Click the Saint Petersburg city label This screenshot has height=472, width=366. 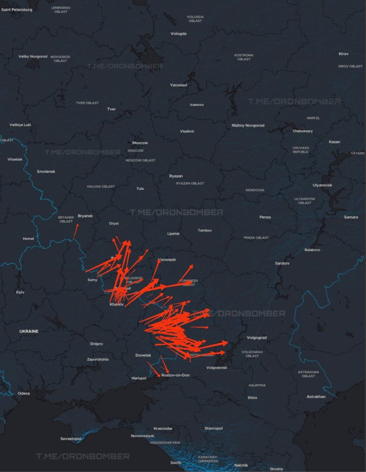click(x=17, y=9)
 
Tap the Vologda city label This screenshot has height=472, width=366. click(x=178, y=34)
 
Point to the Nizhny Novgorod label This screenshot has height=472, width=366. click(x=248, y=125)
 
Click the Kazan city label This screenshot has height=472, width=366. click(x=334, y=142)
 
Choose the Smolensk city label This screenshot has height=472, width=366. click(x=46, y=172)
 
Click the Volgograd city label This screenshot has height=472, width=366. click(x=257, y=337)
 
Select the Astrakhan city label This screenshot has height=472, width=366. click(x=316, y=397)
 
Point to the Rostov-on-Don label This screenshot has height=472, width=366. click(x=175, y=375)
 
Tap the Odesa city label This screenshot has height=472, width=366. click(x=24, y=393)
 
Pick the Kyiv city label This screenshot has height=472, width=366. click(x=20, y=293)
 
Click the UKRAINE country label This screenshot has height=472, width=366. click(x=29, y=331)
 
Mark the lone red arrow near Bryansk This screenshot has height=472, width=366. click(x=75, y=231)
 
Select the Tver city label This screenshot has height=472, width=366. click(x=112, y=109)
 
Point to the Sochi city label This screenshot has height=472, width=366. click(x=175, y=463)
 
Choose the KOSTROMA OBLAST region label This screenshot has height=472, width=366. click(x=244, y=57)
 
